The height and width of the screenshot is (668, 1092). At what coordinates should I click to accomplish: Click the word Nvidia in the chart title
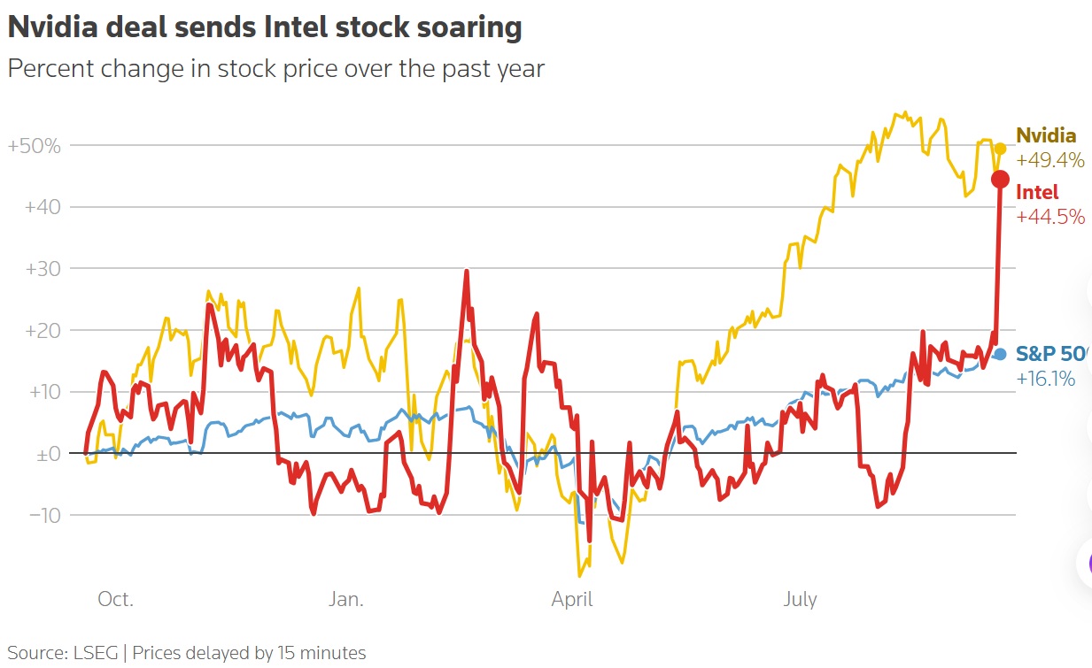pyautogui.click(x=56, y=27)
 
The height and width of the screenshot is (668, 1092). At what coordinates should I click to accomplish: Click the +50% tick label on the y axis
pyautogui.click(x=35, y=145)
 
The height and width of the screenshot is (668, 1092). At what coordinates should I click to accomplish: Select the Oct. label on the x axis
pyautogui.click(x=115, y=600)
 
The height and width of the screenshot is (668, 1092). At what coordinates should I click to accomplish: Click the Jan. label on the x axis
pyautogui.click(x=345, y=600)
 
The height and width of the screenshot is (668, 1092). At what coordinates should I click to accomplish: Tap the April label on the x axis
pyautogui.click(x=572, y=600)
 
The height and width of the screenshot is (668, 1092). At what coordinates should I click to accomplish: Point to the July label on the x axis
pyautogui.click(x=800, y=600)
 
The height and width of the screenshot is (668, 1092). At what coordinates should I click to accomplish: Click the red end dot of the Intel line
pyautogui.click(x=999, y=180)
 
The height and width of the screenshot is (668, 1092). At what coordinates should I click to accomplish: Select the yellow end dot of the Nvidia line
pyautogui.click(x=1000, y=149)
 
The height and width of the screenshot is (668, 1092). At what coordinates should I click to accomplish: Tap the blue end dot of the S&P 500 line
pyautogui.click(x=1000, y=354)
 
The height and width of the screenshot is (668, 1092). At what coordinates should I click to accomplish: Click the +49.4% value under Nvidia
pyautogui.click(x=1049, y=160)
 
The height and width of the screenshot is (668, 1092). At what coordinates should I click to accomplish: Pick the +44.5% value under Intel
pyautogui.click(x=1049, y=217)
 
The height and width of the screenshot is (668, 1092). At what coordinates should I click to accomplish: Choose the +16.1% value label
pyautogui.click(x=1046, y=379)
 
